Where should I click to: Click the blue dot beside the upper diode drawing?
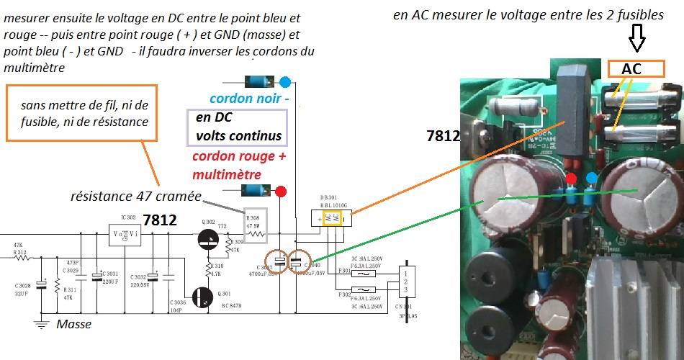click(x=285, y=81)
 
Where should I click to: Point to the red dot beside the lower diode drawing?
click(x=282, y=192)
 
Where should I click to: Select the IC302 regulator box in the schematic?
click(x=123, y=234)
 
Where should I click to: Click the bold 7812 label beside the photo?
click(x=441, y=135)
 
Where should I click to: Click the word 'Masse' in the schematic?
click(x=74, y=325)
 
